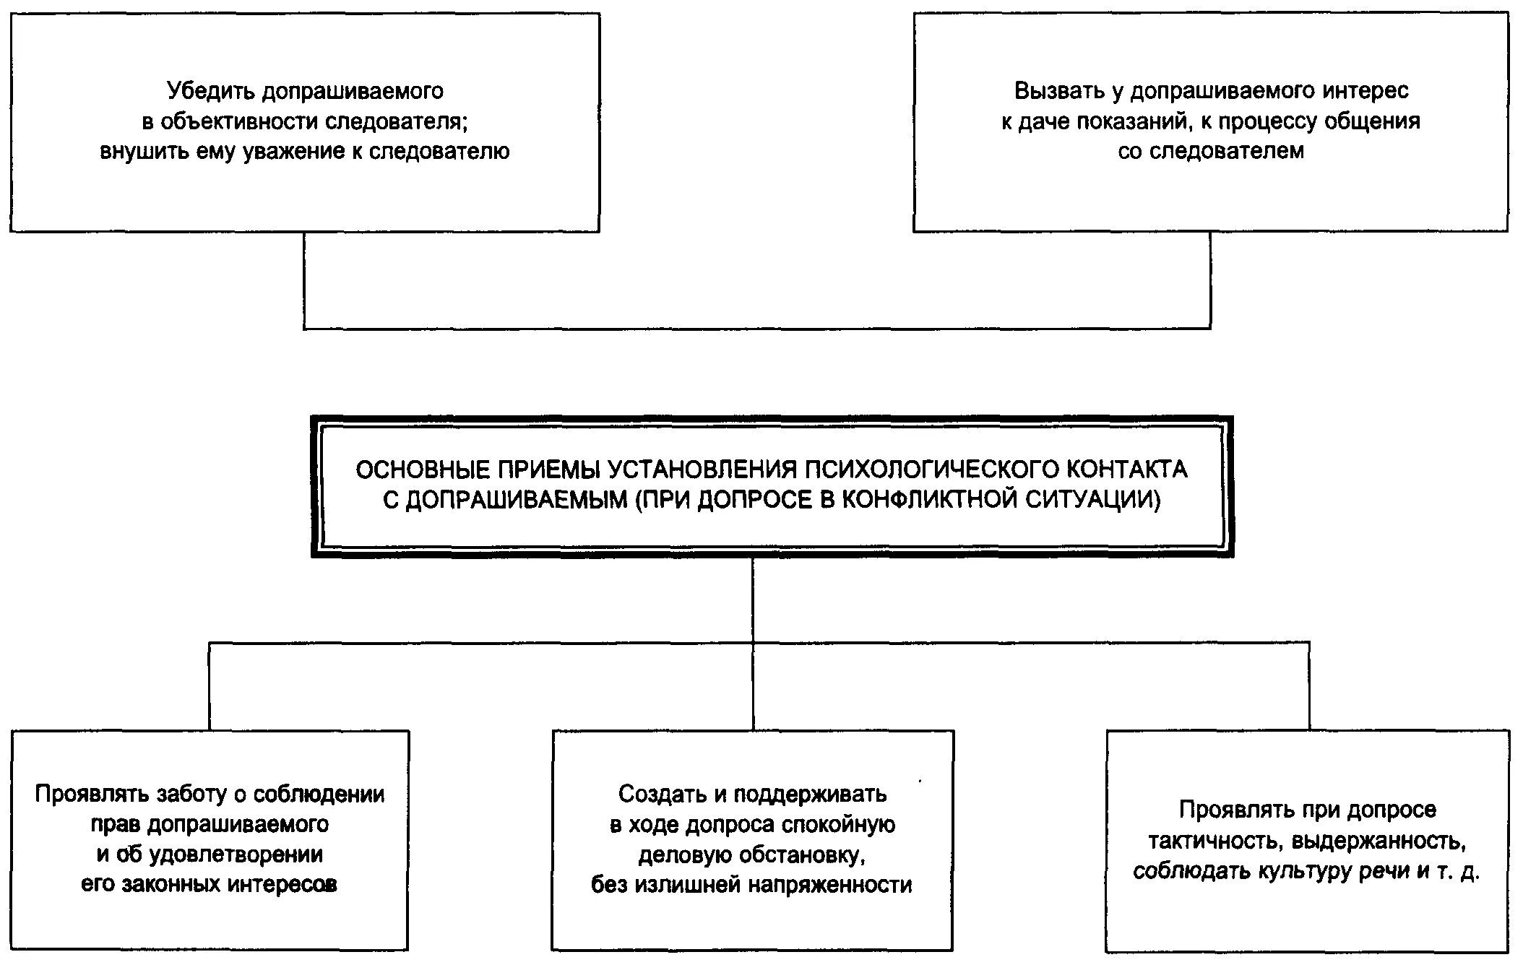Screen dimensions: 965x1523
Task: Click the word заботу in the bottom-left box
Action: click(193, 795)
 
